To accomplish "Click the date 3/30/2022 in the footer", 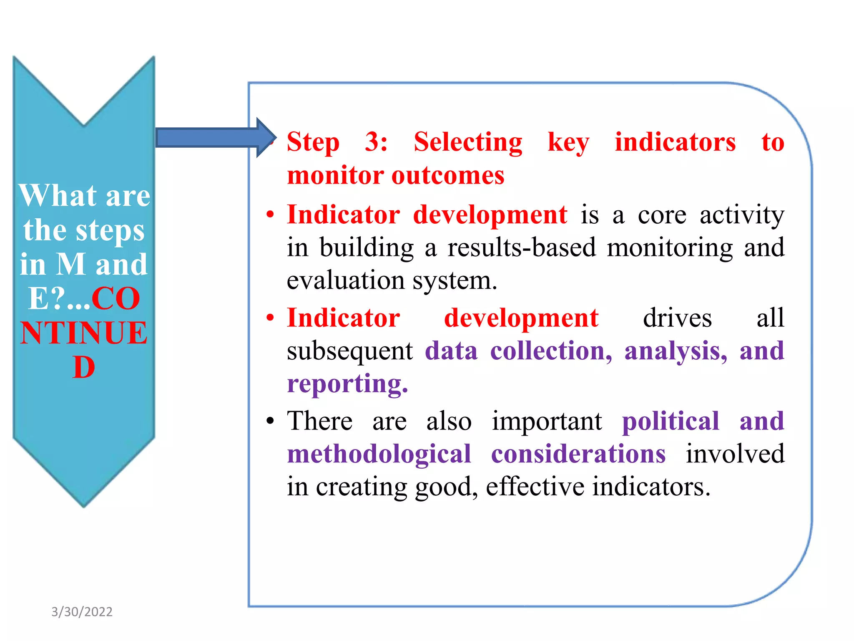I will tap(82, 612).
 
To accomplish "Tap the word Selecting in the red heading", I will tap(467, 143).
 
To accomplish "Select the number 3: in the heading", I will tap(376, 142).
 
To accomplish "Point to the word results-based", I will tap(522, 247).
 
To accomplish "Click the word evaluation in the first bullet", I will tap(345, 280).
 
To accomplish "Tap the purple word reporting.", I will tap(347, 384).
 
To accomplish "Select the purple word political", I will tap(671, 421).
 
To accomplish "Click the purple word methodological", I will tap(379, 454).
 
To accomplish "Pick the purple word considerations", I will tap(578, 454).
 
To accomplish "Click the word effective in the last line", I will tap(535, 487).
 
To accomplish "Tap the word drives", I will tap(677, 318).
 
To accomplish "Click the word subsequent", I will tap(349, 351).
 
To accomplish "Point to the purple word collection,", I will tap(551, 351).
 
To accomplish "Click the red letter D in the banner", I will tap(84, 368).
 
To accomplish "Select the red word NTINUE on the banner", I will tap(84, 333).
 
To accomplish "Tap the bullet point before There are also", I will tap(270, 421).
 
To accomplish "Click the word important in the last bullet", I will tap(547, 421).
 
